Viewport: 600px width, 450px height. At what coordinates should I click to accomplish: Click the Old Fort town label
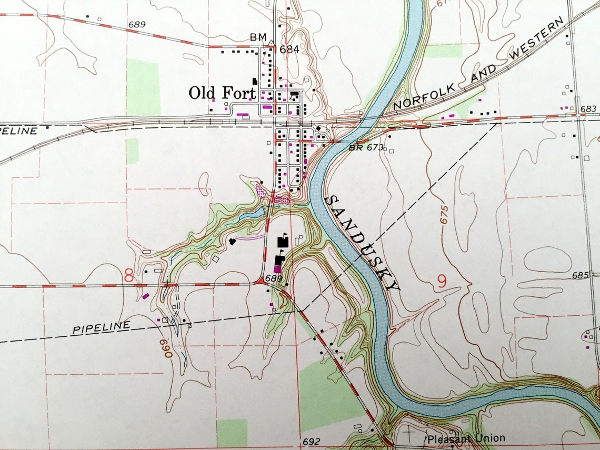coord(222,94)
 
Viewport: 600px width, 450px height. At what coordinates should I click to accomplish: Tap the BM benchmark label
coord(258,37)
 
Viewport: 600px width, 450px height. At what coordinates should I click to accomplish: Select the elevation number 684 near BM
coord(289,49)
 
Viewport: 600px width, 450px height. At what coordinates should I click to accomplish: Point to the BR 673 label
coord(366,148)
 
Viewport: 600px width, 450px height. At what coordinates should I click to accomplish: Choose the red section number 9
coord(442,282)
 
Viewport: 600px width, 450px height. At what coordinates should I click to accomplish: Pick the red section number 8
coord(129,275)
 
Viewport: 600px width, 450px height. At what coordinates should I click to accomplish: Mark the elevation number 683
coord(589,109)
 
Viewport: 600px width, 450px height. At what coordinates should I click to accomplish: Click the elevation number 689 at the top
coord(136,24)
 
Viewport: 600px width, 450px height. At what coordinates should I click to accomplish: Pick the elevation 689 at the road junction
coord(275,278)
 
